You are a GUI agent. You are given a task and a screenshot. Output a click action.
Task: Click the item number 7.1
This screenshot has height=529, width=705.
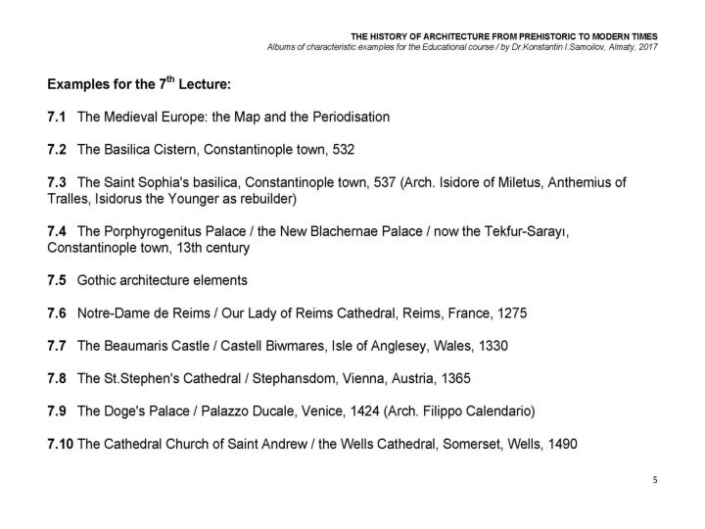coord(56,117)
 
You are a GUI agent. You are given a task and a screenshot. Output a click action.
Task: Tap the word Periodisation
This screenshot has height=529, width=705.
coord(353,117)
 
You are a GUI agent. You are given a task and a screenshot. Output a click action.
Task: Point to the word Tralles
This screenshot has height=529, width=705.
coord(69,199)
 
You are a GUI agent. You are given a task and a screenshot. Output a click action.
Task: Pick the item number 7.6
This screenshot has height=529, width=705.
coord(56,313)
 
